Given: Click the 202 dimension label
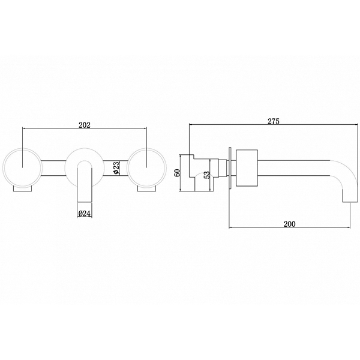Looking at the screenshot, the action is coord(85,125).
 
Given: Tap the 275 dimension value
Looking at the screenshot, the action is coord(274,121).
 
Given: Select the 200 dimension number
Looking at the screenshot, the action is coord(290,224).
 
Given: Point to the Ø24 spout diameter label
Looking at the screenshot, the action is coord(84,214).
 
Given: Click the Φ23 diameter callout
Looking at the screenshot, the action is coord(116,168).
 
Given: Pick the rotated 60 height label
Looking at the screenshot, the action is coord(177,173).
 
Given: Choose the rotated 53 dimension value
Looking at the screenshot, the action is coord(206,175).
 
